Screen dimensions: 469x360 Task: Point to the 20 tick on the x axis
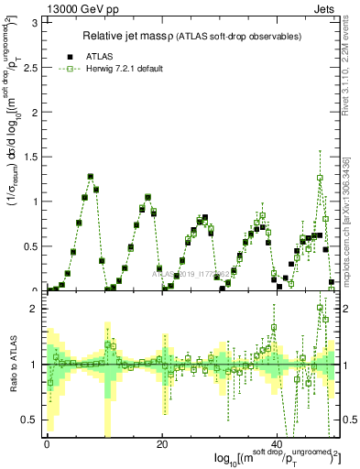[161, 444]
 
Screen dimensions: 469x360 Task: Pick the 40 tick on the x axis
[277, 444]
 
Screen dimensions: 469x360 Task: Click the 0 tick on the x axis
[47, 444]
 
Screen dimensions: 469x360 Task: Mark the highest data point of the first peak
[91, 176]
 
